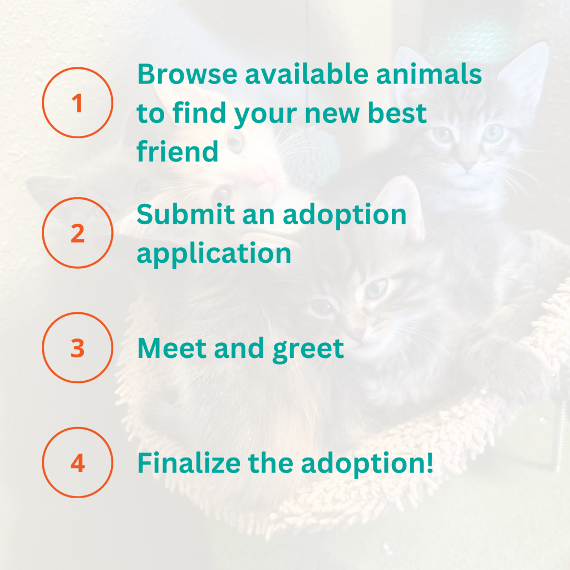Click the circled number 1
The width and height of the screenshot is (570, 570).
tap(77, 103)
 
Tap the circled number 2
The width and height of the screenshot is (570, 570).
tap(77, 233)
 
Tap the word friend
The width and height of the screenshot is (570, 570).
tap(178, 151)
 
